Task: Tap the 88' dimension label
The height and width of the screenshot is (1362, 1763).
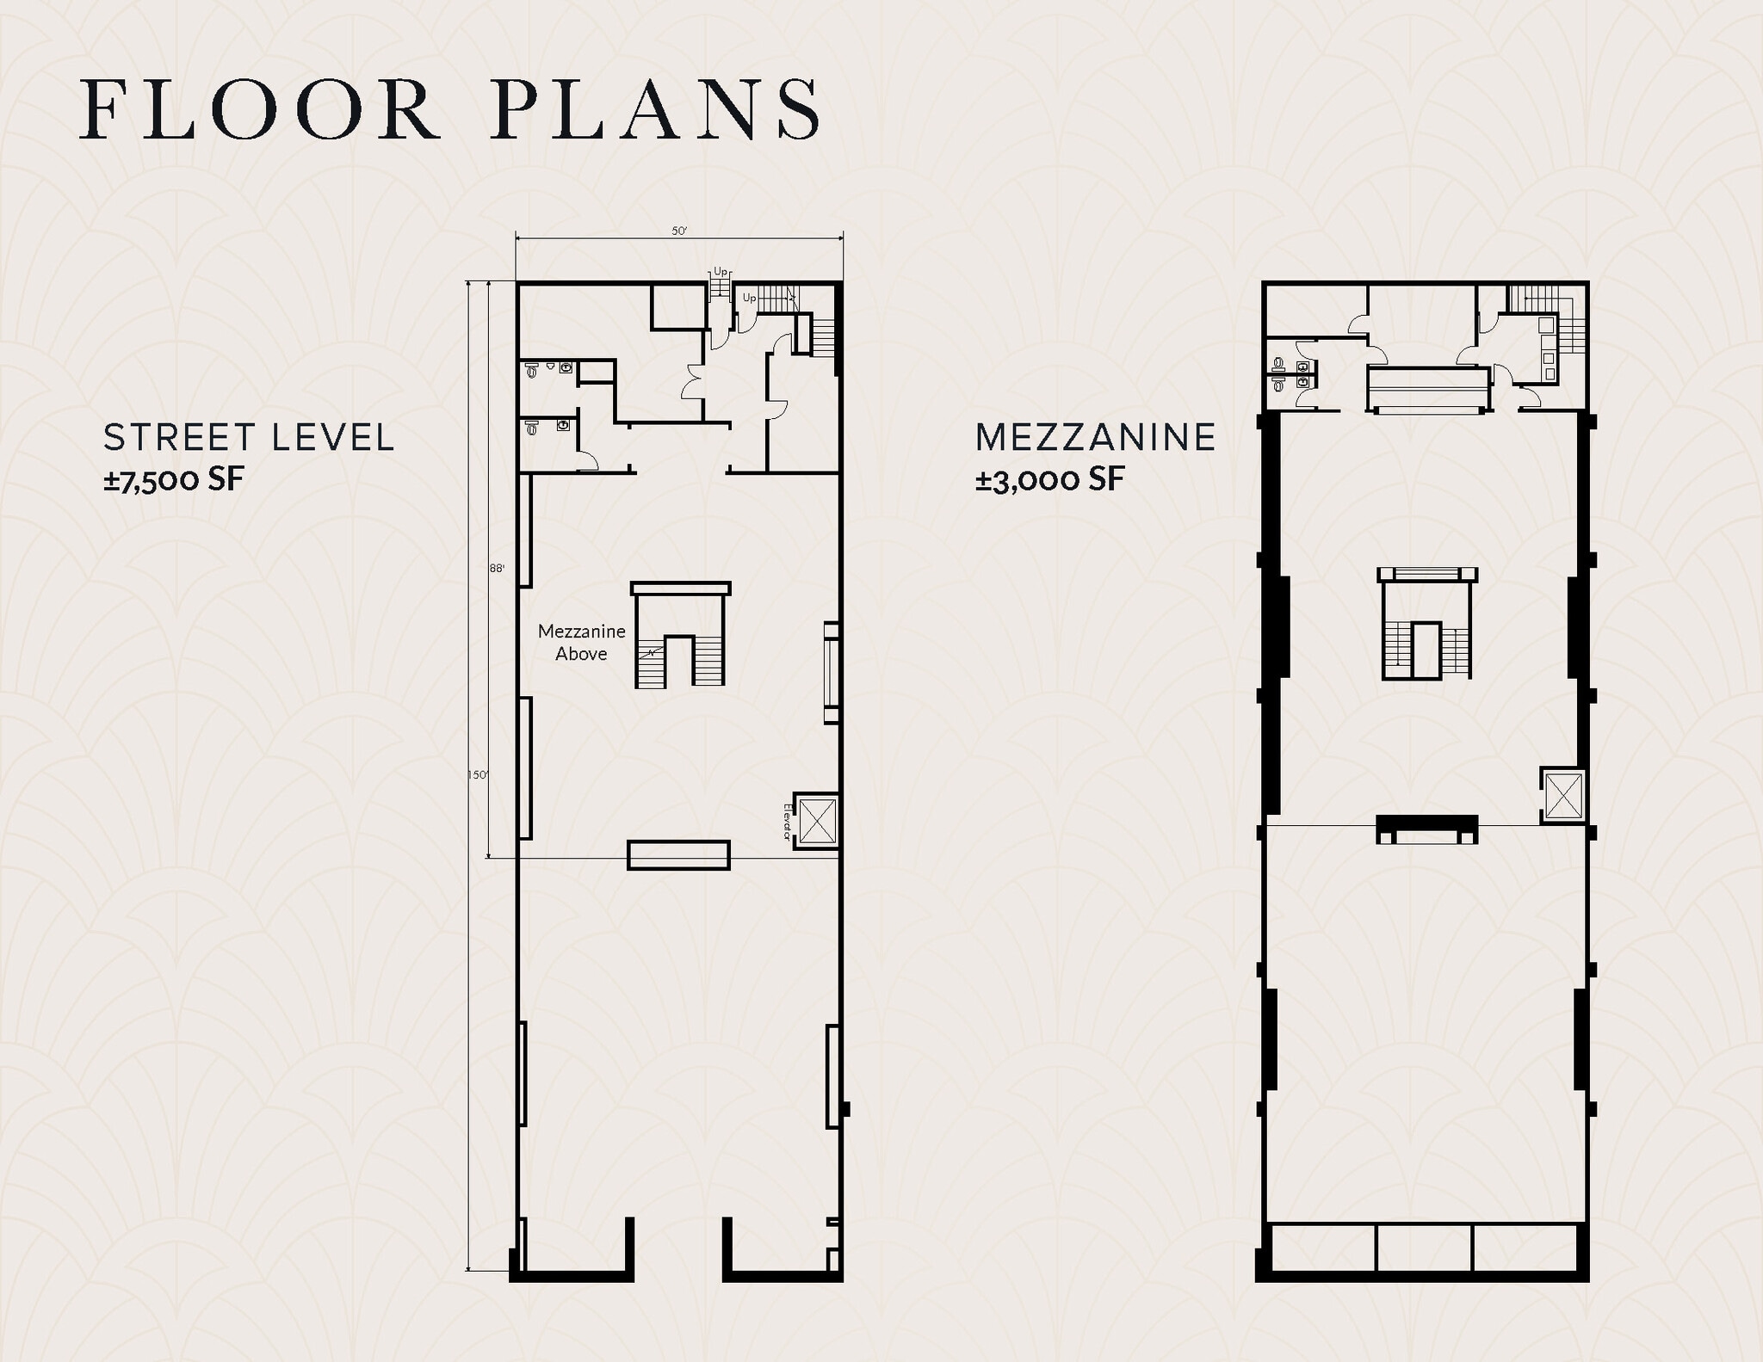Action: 497,568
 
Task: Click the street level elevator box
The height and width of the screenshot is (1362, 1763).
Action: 817,821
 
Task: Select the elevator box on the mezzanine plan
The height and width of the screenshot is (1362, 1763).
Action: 1563,796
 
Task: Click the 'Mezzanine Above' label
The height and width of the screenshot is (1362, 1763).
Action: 581,642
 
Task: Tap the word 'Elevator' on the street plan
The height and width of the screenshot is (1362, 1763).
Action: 787,822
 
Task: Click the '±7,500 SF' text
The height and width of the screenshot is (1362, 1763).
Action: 174,479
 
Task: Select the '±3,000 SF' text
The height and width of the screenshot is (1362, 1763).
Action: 1049,479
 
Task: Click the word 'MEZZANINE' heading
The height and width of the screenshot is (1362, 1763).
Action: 1095,437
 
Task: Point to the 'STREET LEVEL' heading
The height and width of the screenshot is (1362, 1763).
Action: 249,437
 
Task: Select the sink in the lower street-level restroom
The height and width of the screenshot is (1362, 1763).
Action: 564,424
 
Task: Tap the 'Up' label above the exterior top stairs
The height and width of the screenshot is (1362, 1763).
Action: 721,271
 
